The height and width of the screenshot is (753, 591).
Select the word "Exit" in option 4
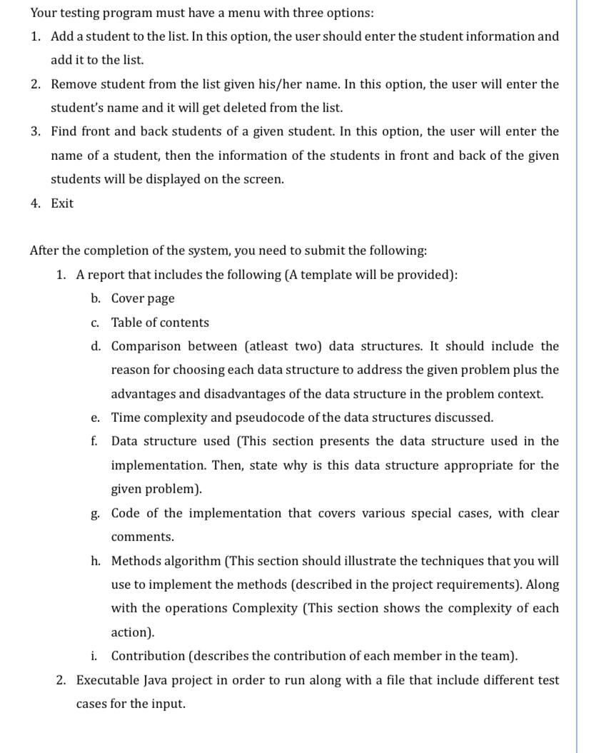tap(62, 203)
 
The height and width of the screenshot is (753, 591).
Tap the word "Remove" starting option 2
tap(74, 84)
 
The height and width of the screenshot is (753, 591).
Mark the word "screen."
tap(260, 180)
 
